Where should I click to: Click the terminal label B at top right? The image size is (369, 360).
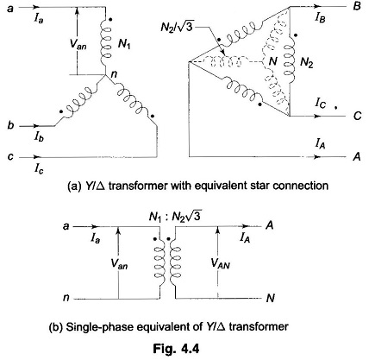(357, 6)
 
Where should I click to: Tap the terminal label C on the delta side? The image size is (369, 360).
(357, 116)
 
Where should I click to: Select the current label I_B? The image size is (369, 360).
(320, 18)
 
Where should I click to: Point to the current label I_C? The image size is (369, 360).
(321, 103)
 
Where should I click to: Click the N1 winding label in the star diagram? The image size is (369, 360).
(124, 44)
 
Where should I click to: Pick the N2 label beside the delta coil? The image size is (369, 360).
(306, 62)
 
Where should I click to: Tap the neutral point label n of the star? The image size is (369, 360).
(114, 74)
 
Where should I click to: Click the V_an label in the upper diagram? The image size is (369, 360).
(78, 44)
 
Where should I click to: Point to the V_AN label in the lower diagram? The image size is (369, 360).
(221, 263)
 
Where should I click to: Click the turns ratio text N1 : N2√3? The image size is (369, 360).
(174, 216)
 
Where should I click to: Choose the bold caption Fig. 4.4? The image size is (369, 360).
(176, 348)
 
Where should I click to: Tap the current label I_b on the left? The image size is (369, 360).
(39, 136)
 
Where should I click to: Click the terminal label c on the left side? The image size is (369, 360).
(10, 157)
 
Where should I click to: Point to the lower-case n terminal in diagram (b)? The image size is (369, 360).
(66, 298)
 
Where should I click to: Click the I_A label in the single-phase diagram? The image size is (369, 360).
(245, 237)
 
